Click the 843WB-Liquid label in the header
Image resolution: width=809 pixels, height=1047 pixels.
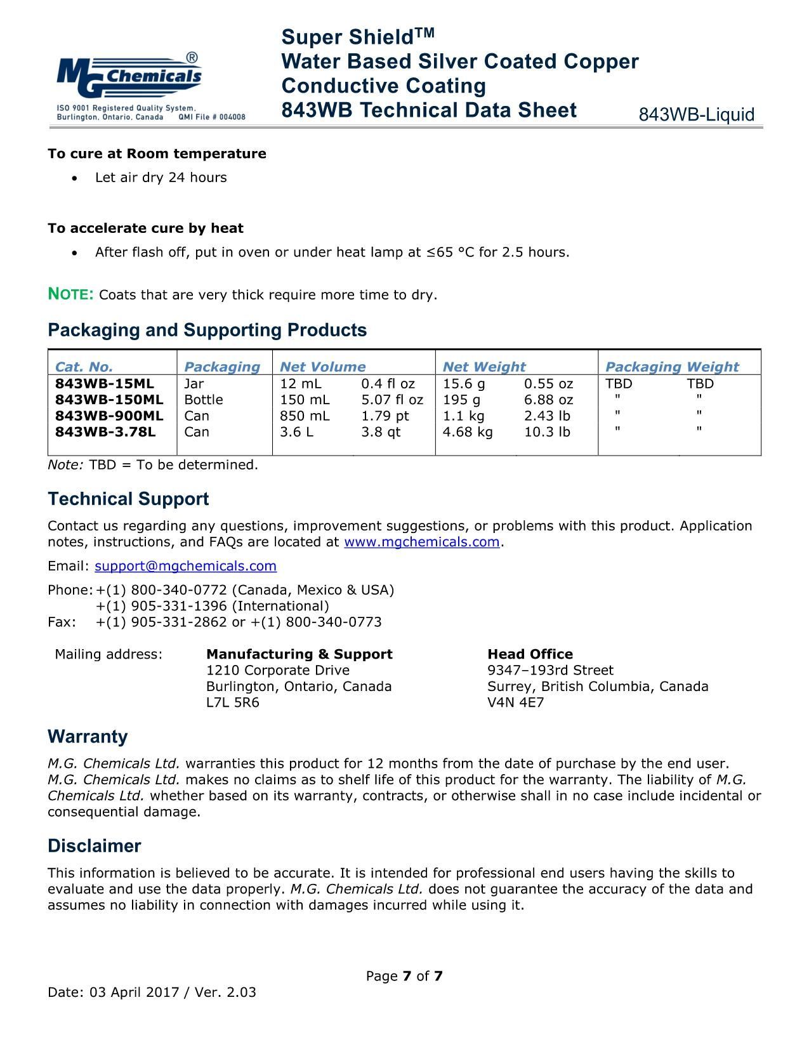(x=696, y=115)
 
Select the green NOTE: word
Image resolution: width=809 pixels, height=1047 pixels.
(x=71, y=294)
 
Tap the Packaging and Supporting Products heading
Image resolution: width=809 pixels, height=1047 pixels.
(x=207, y=330)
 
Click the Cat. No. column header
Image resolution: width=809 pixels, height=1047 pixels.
(x=84, y=367)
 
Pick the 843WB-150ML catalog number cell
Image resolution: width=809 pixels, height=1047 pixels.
(x=109, y=400)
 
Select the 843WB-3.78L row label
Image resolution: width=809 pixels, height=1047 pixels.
(x=105, y=432)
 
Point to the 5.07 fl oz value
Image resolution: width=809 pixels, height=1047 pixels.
(x=391, y=400)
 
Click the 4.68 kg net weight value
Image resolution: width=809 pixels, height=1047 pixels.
(x=467, y=432)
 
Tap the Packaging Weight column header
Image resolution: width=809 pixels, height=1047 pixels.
(x=671, y=367)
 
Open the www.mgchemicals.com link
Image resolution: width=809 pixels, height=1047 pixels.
(x=421, y=542)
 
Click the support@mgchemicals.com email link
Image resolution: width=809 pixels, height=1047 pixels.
(x=185, y=566)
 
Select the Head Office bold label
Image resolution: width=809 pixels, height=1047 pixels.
(x=530, y=654)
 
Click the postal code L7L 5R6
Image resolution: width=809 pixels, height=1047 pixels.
(x=232, y=702)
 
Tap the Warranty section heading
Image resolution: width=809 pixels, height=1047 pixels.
(x=88, y=737)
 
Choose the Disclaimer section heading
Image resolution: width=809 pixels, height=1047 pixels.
(x=94, y=846)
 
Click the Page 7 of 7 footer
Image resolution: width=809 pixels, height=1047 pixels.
(x=404, y=976)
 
